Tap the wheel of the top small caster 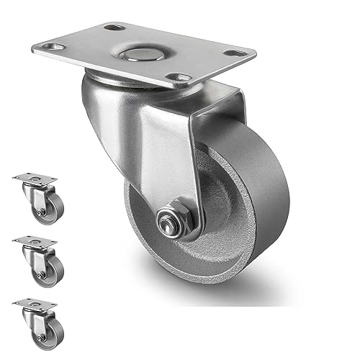click(50, 210)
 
